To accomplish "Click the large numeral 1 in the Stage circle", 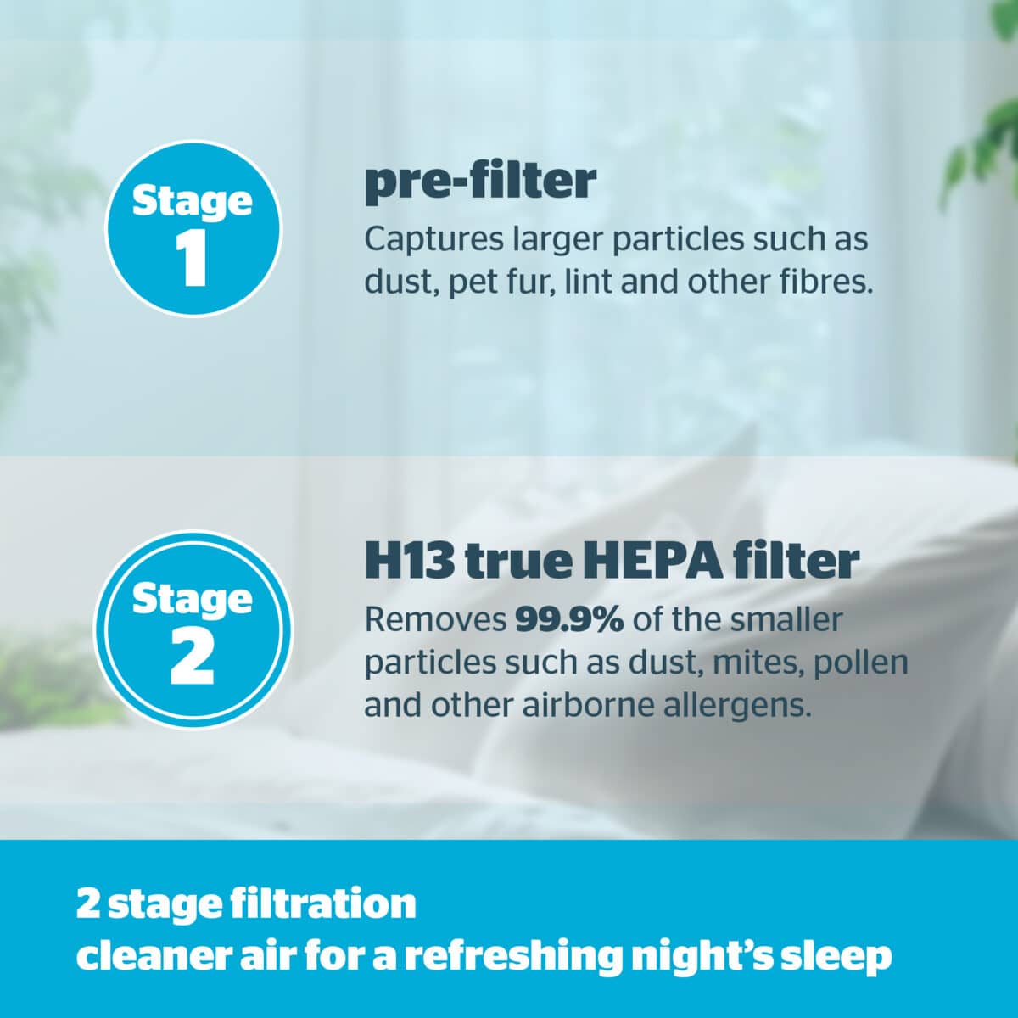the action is click(x=193, y=260).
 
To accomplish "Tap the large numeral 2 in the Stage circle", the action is click(x=192, y=659).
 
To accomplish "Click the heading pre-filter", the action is click(x=480, y=182).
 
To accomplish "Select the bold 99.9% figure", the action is click(x=569, y=619).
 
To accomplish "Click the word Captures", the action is click(x=433, y=240).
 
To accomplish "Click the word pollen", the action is click(x=860, y=663).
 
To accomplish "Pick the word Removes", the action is click(x=436, y=619).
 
